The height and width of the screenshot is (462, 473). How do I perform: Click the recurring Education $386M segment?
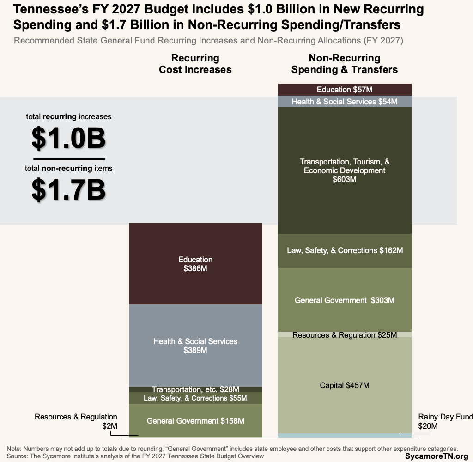point(195,264)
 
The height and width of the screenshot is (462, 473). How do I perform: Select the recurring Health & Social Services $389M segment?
point(195,346)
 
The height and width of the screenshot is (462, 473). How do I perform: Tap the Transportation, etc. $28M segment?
point(195,389)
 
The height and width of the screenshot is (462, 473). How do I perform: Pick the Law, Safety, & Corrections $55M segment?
point(195,398)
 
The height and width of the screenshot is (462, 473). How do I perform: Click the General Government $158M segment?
point(195,421)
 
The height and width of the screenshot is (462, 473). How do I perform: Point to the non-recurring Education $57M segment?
point(344,90)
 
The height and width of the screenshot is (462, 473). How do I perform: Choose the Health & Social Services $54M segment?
point(344,102)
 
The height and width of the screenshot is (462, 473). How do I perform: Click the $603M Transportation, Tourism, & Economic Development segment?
point(344,170)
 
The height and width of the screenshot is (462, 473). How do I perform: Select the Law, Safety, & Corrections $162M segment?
point(344,250)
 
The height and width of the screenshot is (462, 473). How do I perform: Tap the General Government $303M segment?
point(344,300)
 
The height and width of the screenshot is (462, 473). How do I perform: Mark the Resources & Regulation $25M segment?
point(344,335)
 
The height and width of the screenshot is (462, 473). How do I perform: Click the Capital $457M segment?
point(344,385)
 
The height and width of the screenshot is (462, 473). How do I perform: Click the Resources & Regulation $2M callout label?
point(76,421)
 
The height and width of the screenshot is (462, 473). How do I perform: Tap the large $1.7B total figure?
point(68,190)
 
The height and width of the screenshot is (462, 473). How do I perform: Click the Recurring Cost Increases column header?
point(195,64)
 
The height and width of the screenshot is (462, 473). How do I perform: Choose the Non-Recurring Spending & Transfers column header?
point(344,64)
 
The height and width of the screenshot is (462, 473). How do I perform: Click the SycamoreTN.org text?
point(437,456)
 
